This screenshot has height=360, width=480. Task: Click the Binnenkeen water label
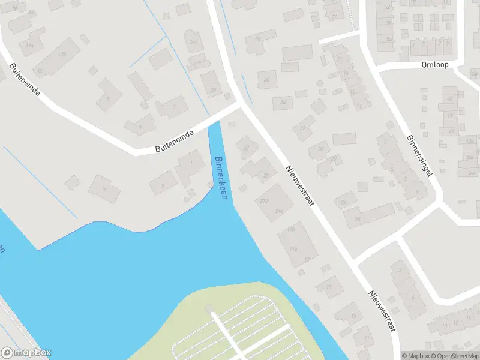tap(221, 178)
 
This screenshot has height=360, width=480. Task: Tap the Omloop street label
tap(435, 64)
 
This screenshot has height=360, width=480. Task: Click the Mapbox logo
tap(26, 353)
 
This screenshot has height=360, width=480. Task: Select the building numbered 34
tap(266, 80)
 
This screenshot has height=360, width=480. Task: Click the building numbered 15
tap(329, 287)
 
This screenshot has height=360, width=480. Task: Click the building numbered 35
tap(193, 42)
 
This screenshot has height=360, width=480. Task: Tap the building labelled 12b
tap(63, 54)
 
